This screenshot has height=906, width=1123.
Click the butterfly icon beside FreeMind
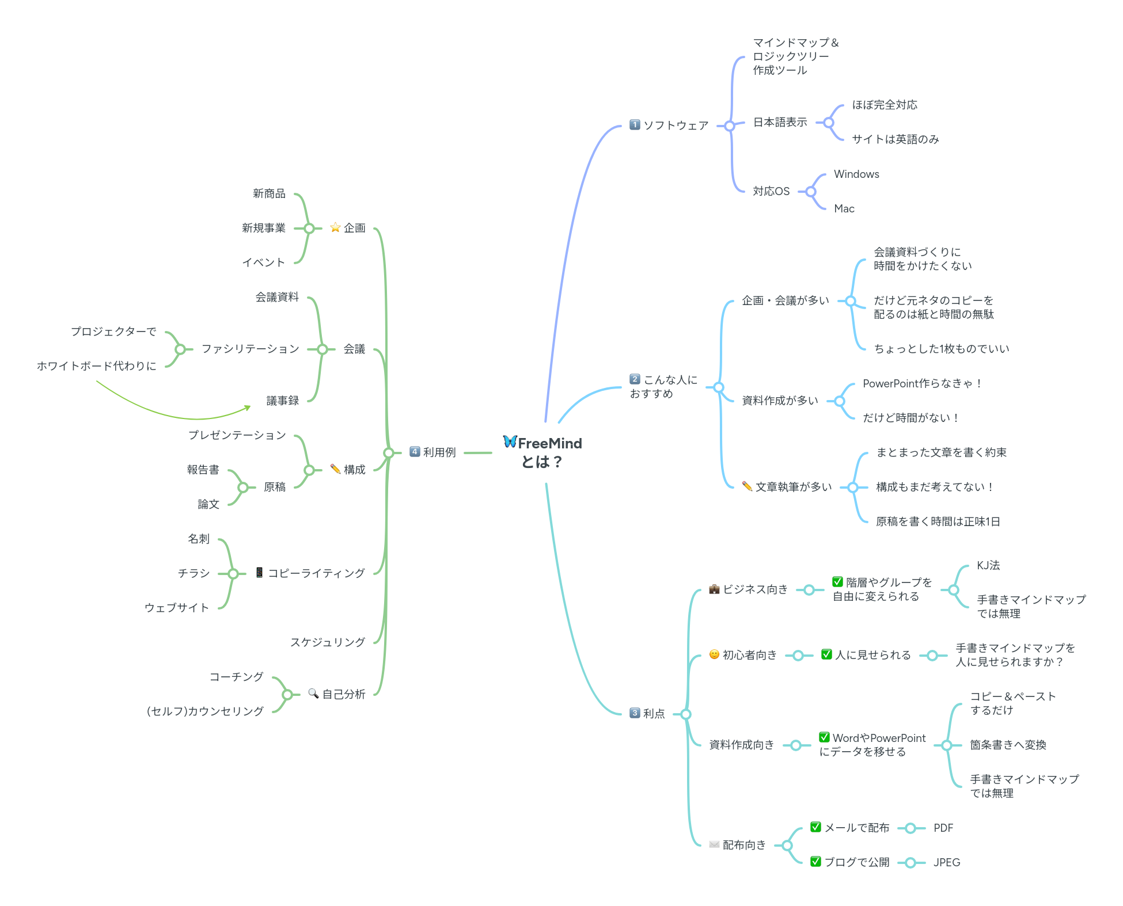(x=510, y=441)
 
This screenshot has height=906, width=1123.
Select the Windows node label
(x=856, y=174)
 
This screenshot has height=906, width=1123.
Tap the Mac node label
(x=844, y=209)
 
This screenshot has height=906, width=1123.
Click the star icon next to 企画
(x=335, y=227)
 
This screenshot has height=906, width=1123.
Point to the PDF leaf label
(x=943, y=828)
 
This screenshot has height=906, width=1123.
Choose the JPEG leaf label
(x=947, y=863)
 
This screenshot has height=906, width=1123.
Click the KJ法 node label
(x=988, y=566)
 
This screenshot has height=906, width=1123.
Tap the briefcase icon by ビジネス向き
(x=714, y=589)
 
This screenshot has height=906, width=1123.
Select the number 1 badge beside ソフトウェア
(x=635, y=125)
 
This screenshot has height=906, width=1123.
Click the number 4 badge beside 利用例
(x=415, y=452)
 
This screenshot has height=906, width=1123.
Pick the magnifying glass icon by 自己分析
(x=313, y=694)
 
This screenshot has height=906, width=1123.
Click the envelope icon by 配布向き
(x=714, y=845)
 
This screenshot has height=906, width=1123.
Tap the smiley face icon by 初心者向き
(x=714, y=654)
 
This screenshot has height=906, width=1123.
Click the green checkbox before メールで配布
(x=815, y=827)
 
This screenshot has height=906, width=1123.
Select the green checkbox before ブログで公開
(x=815, y=862)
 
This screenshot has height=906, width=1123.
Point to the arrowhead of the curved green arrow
(x=248, y=408)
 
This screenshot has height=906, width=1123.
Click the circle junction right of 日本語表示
(x=829, y=123)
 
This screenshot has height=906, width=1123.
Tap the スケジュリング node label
(x=328, y=642)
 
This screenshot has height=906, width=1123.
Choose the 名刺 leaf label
(x=199, y=539)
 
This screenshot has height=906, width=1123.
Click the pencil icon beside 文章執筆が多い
(x=747, y=486)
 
